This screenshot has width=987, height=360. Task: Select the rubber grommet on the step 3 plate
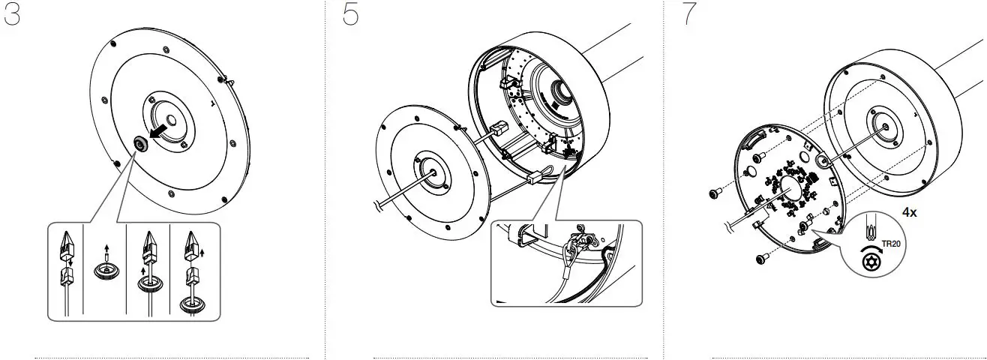point(139,145)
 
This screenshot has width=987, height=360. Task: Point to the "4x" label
point(909,213)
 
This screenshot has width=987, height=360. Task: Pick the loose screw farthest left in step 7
point(715,194)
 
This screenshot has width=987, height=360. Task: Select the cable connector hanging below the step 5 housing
point(535,179)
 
